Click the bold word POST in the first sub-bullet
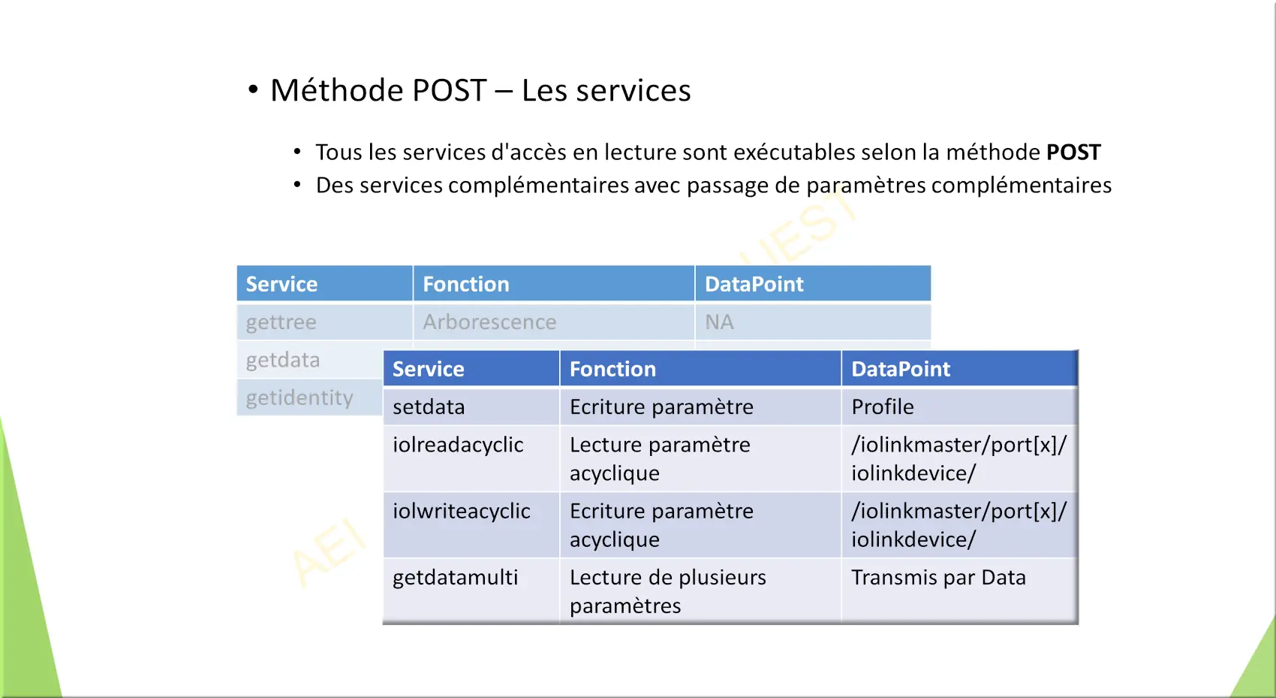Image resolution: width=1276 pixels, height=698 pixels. point(1073,153)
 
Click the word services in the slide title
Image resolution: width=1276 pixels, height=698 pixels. point(633,90)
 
